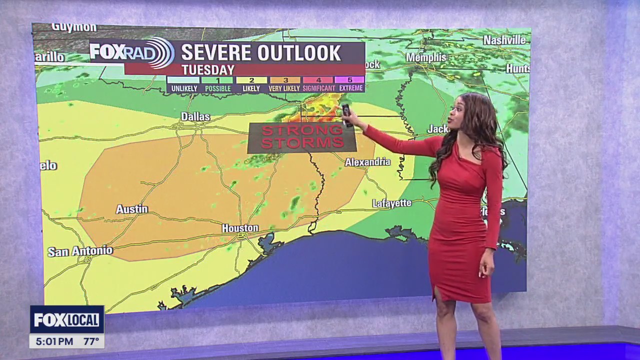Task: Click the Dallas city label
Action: tap(195, 116)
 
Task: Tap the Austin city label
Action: tap(132, 209)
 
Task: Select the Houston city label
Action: tap(240, 228)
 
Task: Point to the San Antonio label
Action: tap(80, 251)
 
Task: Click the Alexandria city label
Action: tap(367, 162)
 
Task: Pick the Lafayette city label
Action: tap(391, 203)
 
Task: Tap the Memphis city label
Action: tap(426, 57)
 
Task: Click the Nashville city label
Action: tap(504, 40)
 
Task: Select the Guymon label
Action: tap(74, 27)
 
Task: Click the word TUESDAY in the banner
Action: tap(208, 70)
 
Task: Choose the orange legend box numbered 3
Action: tap(285, 80)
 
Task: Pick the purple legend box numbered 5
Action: tap(350, 80)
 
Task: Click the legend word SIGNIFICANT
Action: tap(319, 88)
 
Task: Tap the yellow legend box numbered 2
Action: tap(251, 80)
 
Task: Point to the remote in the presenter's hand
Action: tap(346, 114)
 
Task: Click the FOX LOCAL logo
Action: tap(66, 319)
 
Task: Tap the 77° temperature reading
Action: tap(91, 341)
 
